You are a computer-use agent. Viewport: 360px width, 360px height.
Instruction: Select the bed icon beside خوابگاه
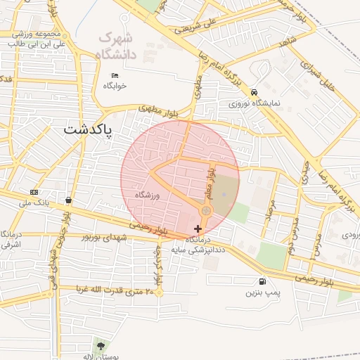coord(115,76)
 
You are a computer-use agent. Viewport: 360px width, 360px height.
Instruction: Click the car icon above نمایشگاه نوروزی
coord(253,92)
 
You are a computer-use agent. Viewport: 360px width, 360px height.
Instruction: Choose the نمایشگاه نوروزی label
coord(254,103)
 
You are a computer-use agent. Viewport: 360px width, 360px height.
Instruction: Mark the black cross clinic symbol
coord(198,229)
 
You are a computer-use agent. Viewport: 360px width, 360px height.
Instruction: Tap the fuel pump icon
coord(262,281)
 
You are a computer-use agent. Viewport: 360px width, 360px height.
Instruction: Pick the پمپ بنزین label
coord(262,292)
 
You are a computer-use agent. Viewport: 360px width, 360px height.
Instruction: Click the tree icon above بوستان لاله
coord(100,345)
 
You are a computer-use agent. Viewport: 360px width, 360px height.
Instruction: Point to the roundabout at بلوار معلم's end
coord(206,211)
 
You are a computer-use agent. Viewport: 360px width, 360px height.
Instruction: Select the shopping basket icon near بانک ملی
coord(67,200)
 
